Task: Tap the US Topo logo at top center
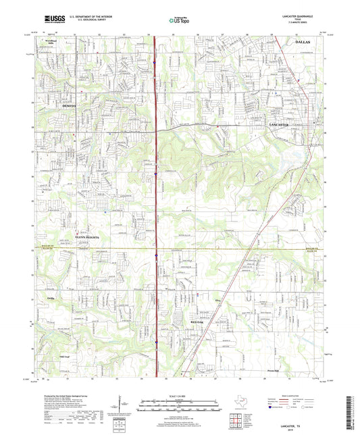(179, 21)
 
